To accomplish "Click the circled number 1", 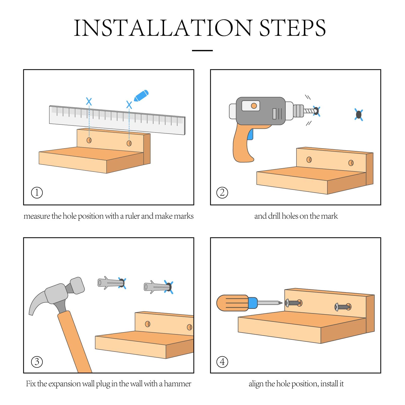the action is pyautogui.click(x=37, y=193).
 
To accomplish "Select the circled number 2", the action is pyautogui.click(x=222, y=193).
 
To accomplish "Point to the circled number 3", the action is pyautogui.click(x=37, y=362).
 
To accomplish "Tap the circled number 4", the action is pyautogui.click(x=222, y=362).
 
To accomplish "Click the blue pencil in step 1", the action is pyautogui.click(x=141, y=96).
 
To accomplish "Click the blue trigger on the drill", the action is pyautogui.click(x=250, y=134).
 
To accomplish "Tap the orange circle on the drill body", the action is pyautogui.click(x=254, y=106).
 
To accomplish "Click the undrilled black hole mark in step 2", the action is pyautogui.click(x=359, y=115).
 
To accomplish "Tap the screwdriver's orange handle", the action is pyautogui.click(x=232, y=303).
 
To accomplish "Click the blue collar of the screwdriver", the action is pyautogui.click(x=253, y=303).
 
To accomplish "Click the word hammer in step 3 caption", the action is pyautogui.click(x=178, y=384).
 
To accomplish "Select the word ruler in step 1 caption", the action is pyautogui.click(x=132, y=216).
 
